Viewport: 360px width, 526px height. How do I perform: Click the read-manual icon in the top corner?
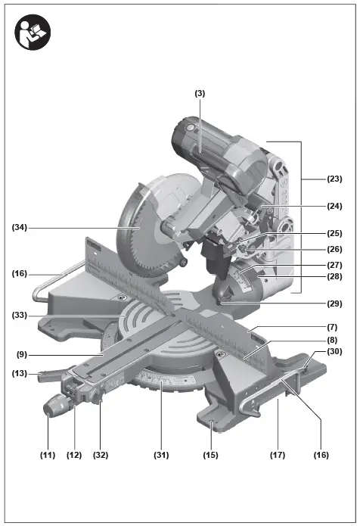[x=32, y=32]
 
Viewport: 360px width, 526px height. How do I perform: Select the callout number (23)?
[x=334, y=179]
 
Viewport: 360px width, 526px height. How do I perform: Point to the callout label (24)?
[x=334, y=206]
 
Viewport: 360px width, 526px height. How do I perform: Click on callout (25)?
[x=334, y=234]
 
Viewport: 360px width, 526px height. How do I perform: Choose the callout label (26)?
[x=334, y=249]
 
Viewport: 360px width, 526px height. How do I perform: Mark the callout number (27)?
[x=334, y=265]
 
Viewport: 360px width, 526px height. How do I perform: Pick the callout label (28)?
[x=334, y=278]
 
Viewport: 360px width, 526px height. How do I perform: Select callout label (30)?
[x=334, y=351]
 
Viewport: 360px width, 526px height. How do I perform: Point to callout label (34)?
[x=20, y=226]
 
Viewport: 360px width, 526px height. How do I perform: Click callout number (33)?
[x=20, y=314]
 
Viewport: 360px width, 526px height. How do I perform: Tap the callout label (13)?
[x=20, y=372]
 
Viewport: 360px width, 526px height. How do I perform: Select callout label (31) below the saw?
[x=160, y=455]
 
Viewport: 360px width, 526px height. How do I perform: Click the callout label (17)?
[x=278, y=455]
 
